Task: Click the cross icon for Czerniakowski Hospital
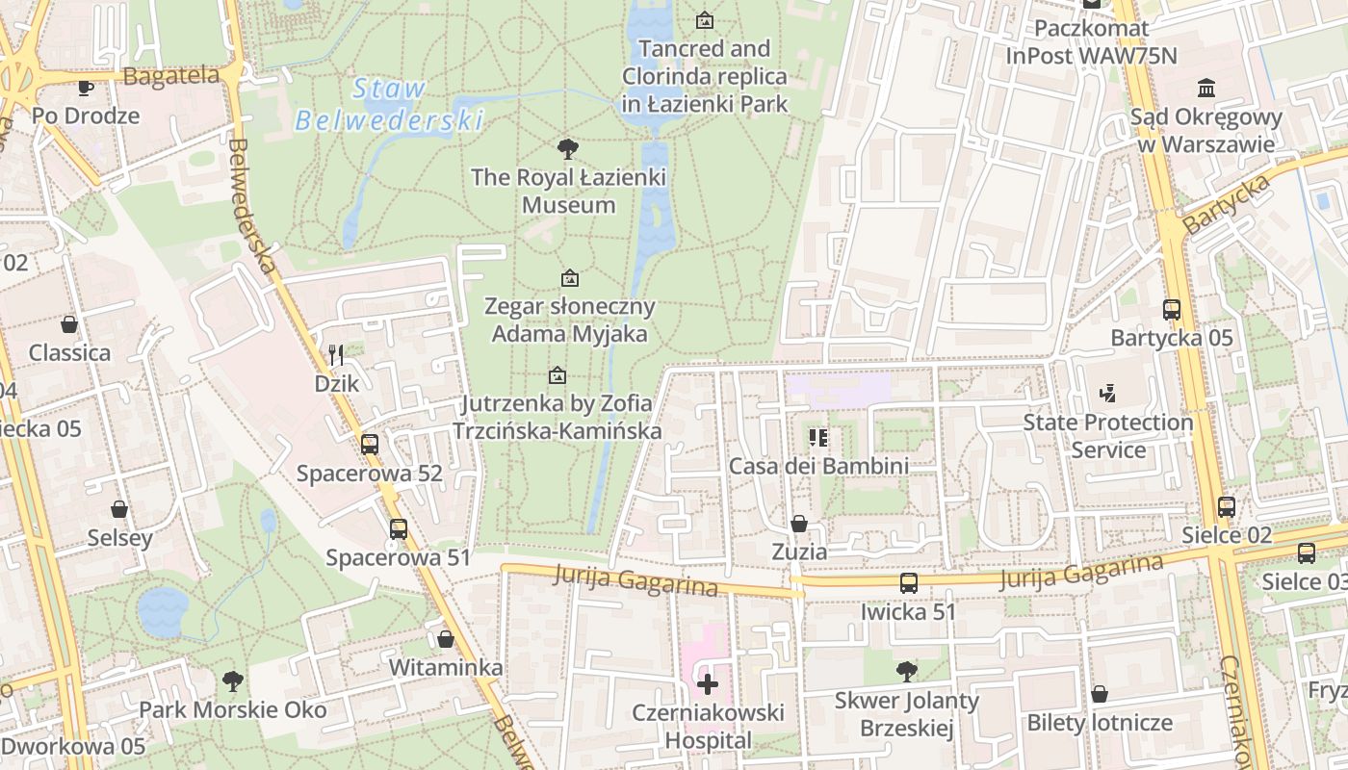click(708, 684)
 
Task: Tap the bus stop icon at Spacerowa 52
click(370, 445)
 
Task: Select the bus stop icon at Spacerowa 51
click(399, 528)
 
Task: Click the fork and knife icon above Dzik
click(336, 355)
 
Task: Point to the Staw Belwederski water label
click(389, 104)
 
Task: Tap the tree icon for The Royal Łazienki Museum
click(568, 149)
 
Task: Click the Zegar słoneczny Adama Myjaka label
click(569, 321)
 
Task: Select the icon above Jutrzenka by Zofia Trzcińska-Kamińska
click(557, 375)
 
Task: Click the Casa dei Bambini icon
click(818, 438)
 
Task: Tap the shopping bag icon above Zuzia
click(798, 524)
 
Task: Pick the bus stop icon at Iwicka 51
click(908, 583)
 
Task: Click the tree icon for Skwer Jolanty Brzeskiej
click(906, 671)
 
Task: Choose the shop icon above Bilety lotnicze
click(1099, 694)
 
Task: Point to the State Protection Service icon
click(1107, 393)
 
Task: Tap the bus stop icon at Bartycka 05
click(1172, 310)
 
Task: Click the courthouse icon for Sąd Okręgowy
click(1205, 89)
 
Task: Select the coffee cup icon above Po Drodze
click(86, 88)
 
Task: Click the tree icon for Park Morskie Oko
click(232, 681)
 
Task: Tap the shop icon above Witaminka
click(445, 639)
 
